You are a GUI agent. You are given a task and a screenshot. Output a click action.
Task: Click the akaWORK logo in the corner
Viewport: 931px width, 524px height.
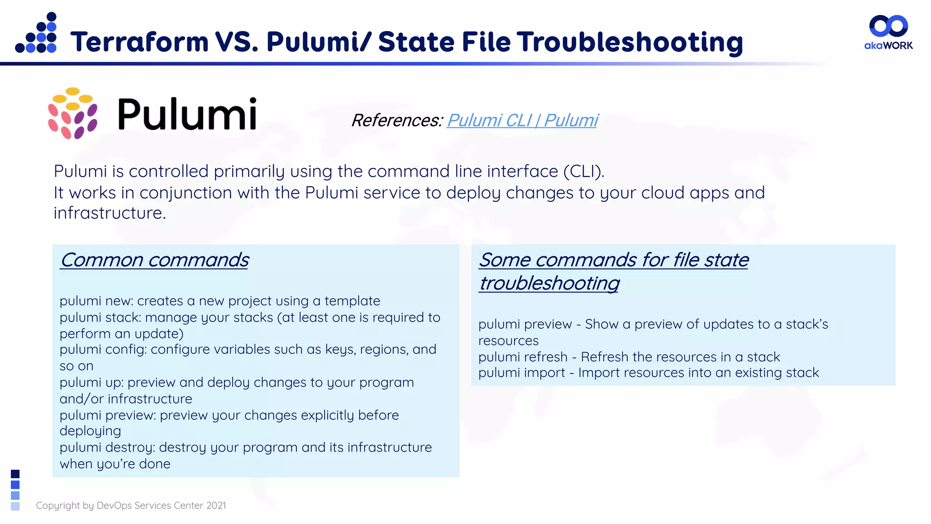[x=888, y=32]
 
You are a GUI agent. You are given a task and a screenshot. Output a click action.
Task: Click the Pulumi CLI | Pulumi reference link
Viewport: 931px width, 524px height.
[x=522, y=121]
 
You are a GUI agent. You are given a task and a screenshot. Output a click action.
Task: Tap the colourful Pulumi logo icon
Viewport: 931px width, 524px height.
[x=73, y=113]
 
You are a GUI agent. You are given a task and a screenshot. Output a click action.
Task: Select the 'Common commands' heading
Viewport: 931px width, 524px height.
[x=155, y=260]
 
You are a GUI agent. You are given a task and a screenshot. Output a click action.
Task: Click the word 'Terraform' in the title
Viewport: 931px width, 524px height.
[x=140, y=42]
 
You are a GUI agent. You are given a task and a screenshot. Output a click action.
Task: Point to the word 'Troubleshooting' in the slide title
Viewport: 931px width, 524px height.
[x=630, y=42]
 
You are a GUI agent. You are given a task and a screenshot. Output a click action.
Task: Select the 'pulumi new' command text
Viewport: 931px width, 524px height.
[x=96, y=301]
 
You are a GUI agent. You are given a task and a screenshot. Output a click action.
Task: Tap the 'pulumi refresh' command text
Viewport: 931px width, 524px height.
[x=523, y=357]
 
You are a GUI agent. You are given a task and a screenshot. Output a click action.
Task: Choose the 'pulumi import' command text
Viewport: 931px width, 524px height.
[x=521, y=373]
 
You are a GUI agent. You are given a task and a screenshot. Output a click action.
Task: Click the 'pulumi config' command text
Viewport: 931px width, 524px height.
[x=102, y=350]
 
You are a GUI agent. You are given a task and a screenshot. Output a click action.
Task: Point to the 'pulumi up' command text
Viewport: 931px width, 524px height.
[x=91, y=383]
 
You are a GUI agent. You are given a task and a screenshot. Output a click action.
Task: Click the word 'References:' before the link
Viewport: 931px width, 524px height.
[x=397, y=121]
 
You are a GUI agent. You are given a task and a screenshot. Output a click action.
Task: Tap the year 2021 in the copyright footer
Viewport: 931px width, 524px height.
[x=216, y=506]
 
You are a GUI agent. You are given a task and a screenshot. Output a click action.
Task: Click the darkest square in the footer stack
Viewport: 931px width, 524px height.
[x=15, y=474]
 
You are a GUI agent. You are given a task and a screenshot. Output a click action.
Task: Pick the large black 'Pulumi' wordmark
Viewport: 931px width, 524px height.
[x=187, y=114]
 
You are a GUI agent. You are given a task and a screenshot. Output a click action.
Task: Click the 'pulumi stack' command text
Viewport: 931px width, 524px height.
[x=100, y=317]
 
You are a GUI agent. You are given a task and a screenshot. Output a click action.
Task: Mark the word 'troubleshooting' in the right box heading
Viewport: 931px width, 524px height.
[x=549, y=283]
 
